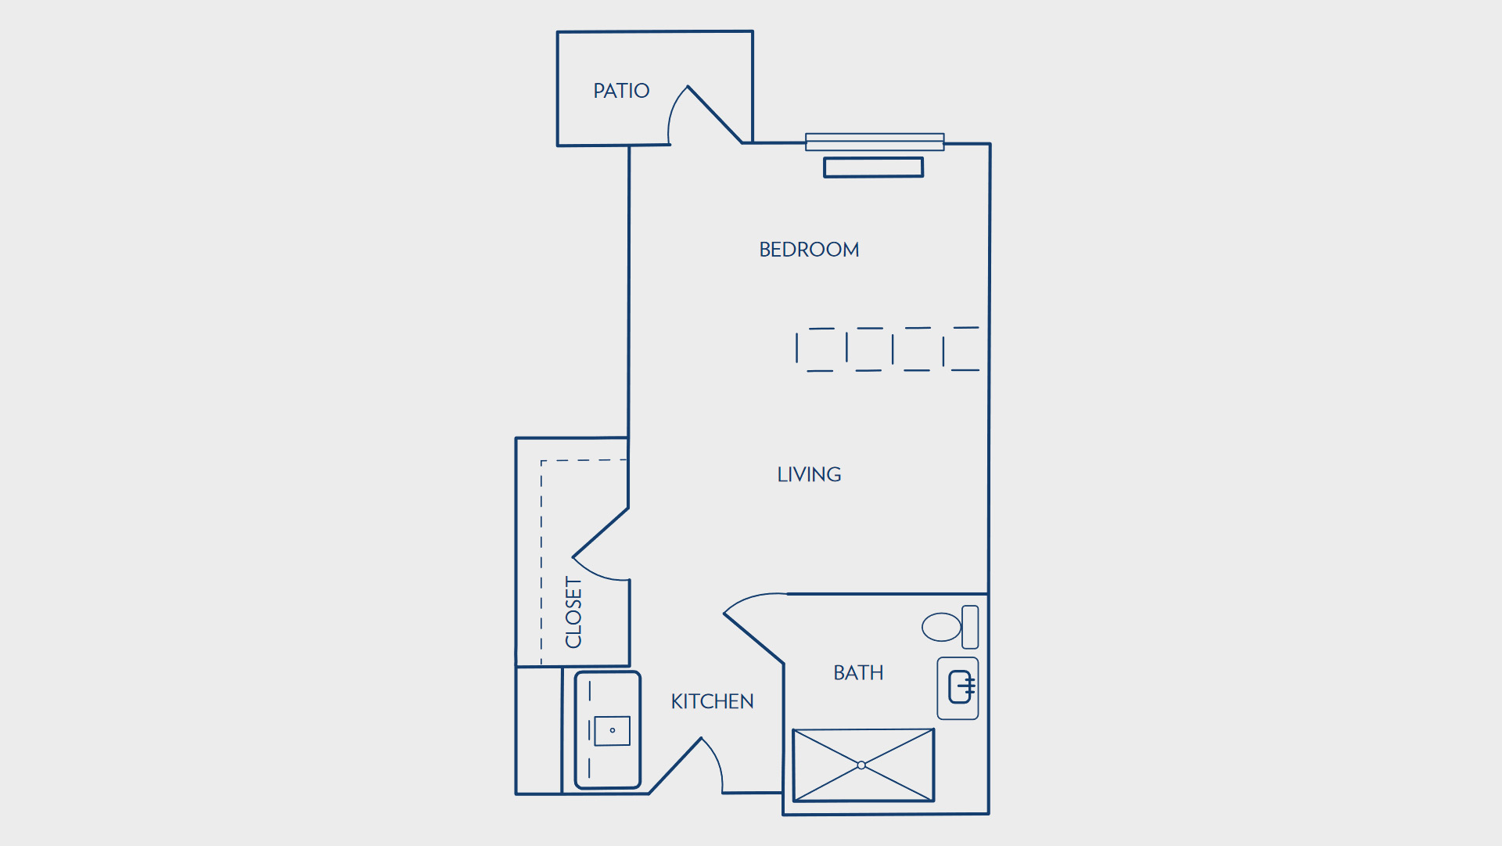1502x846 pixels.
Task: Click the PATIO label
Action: pyautogui.click(x=621, y=91)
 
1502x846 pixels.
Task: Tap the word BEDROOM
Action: pyautogui.click(x=809, y=250)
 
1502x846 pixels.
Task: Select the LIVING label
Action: pyautogui.click(x=809, y=474)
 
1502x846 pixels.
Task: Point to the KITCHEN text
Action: pyautogui.click(x=712, y=701)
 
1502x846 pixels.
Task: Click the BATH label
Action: pyautogui.click(x=858, y=673)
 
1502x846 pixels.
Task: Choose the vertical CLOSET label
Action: pyautogui.click(x=573, y=613)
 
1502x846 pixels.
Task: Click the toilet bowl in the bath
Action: pyautogui.click(x=941, y=627)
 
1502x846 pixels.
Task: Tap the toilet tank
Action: pyautogui.click(x=970, y=627)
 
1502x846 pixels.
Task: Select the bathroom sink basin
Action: pyautogui.click(x=960, y=687)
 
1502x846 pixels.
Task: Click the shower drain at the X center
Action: pyautogui.click(x=861, y=765)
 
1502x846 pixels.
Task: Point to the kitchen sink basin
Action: pyautogui.click(x=612, y=731)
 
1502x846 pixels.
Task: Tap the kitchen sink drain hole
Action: pyautogui.click(x=613, y=730)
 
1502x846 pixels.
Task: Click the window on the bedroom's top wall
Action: pyautogui.click(x=875, y=142)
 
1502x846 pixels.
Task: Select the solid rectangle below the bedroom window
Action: pyautogui.click(x=873, y=167)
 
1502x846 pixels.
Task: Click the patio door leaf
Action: pyautogui.click(x=714, y=114)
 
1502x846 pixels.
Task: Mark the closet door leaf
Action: pyautogui.click(x=601, y=533)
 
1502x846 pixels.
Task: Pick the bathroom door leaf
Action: pyautogui.click(x=753, y=639)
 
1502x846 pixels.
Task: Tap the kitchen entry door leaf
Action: pyautogui.click(x=675, y=766)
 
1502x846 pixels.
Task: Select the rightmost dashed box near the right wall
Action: pyautogui.click(x=961, y=348)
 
